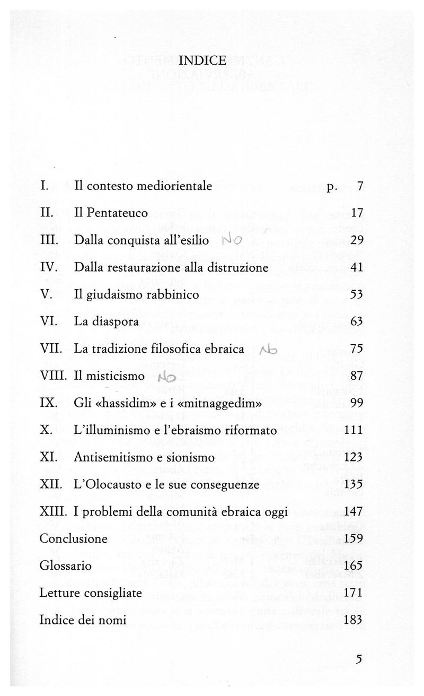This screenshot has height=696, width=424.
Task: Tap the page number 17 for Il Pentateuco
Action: click(x=356, y=213)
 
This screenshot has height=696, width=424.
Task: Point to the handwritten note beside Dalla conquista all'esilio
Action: click(x=232, y=241)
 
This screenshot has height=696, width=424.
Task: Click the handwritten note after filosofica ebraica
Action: click(x=269, y=350)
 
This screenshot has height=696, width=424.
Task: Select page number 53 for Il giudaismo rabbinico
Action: click(x=356, y=295)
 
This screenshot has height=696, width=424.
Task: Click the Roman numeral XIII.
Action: click(x=52, y=512)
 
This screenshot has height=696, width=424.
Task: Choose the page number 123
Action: click(x=353, y=457)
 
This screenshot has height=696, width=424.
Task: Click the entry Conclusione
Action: click(x=74, y=539)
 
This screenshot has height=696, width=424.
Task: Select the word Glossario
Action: click(x=66, y=566)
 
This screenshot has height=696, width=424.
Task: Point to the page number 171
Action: click(x=353, y=593)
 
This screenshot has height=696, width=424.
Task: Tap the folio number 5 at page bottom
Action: click(x=359, y=660)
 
